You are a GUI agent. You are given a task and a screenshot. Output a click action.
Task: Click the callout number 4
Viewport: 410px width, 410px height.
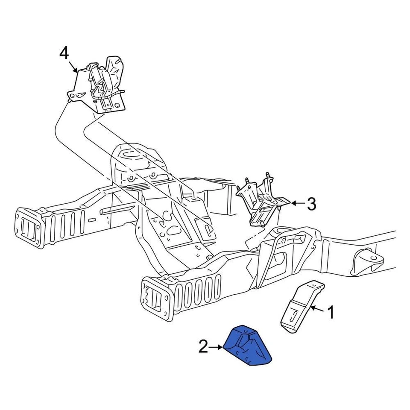click(x=64, y=53)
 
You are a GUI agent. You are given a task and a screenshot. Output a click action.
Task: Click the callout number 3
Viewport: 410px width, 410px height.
click(x=312, y=204)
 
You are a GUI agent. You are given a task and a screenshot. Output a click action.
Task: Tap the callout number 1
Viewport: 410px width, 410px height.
click(x=331, y=312)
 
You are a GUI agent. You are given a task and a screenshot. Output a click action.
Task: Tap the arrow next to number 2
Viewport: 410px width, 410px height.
click(x=217, y=347)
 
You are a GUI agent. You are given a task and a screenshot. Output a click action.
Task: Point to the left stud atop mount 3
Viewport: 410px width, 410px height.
click(x=247, y=182)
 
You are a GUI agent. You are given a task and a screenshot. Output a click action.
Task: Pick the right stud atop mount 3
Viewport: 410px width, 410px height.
click(x=267, y=176)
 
